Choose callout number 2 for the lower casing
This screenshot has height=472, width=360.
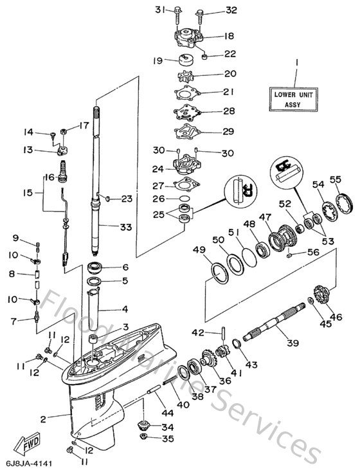tap(42, 419)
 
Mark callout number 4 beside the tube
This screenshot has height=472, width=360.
tap(125, 308)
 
